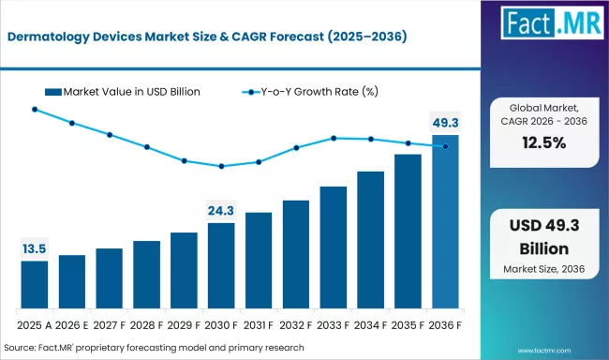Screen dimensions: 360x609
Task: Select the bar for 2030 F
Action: (221, 266)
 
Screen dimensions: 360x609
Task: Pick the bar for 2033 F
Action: (334, 247)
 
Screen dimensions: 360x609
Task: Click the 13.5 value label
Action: (35, 248)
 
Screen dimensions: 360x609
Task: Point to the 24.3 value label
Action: (221, 210)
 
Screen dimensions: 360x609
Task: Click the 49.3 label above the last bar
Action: (445, 122)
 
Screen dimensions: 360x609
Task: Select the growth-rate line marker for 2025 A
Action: (35, 110)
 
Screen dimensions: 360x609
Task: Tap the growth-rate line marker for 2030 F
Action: (221, 167)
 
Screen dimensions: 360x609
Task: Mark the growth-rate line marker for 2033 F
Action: (334, 138)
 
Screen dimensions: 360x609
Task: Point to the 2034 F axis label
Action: (370, 324)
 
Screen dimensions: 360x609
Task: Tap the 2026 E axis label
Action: (72, 324)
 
